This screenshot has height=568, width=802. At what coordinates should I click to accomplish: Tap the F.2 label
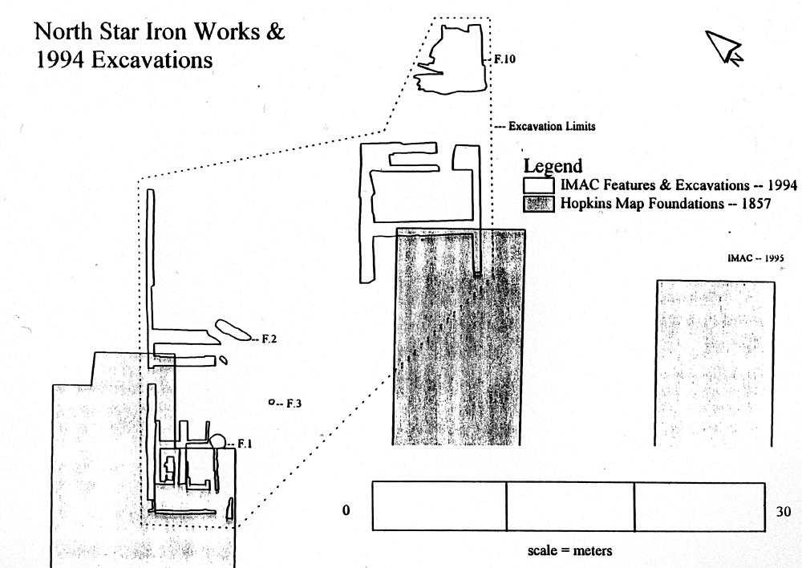[269, 339]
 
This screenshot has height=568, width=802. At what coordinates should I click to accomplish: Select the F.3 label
[293, 403]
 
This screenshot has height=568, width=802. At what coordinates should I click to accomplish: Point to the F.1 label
[245, 443]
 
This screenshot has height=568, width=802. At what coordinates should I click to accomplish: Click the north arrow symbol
[725, 47]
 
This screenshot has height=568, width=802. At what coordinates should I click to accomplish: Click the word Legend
[553, 167]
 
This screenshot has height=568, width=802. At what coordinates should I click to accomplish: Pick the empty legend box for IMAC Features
[539, 185]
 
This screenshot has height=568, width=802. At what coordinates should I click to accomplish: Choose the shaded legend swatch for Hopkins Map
[539, 204]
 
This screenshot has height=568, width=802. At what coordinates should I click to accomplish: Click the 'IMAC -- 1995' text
[755, 258]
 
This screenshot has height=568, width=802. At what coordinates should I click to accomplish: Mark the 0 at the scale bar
[346, 511]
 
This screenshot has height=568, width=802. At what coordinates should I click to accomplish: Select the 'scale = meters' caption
[570, 551]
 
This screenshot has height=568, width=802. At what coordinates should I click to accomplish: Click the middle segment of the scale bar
[570, 506]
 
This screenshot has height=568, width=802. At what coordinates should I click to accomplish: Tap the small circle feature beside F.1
[217, 440]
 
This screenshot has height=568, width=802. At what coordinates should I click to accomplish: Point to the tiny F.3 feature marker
[272, 402]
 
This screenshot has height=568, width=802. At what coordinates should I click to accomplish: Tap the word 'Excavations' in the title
[152, 60]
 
